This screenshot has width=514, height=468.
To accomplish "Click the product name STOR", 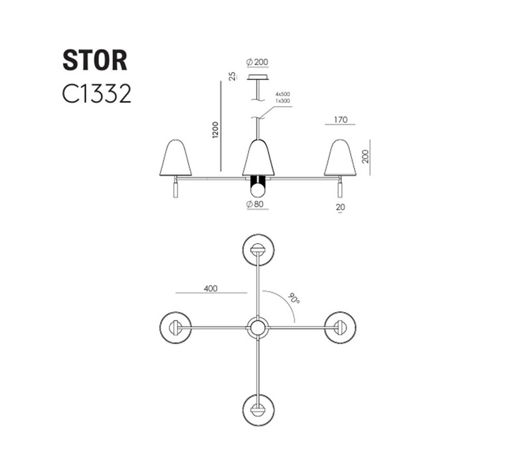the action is (95, 60).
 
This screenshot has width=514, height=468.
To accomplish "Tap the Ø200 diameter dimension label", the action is (257, 62).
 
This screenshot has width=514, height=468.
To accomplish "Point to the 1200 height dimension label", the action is (215, 130).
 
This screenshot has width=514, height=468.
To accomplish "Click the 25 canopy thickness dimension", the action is (232, 77).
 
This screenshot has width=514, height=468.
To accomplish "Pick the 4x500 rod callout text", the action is (283, 94).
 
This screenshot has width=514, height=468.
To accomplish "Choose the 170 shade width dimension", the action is (341, 119).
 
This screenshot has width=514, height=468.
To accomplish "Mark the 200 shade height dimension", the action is (365, 156).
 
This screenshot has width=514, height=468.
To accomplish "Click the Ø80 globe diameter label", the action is (255, 204).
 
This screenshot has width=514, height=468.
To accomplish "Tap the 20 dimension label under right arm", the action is (340, 207).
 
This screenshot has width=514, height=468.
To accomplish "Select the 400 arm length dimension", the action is (211, 288).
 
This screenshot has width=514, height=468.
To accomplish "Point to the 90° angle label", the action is (294, 298).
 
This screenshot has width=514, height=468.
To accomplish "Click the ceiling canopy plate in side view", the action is (258, 78).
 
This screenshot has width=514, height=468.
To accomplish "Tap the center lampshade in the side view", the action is (258, 158).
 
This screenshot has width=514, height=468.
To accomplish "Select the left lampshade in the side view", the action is (175, 158).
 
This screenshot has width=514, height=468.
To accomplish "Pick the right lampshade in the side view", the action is (340, 158).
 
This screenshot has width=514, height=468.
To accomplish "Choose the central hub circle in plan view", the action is (257, 317).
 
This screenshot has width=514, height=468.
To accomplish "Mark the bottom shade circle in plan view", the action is (258, 394).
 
